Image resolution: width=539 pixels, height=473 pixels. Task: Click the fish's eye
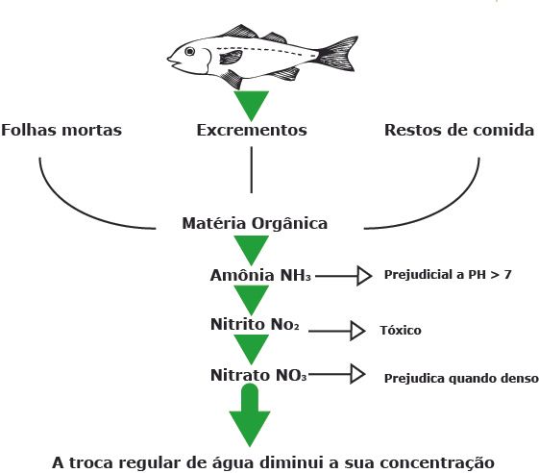(189, 52)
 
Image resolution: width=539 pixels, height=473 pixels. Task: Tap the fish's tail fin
(338, 54)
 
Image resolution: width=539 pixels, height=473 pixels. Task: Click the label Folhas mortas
(61, 130)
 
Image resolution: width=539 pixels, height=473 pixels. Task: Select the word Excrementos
(252, 130)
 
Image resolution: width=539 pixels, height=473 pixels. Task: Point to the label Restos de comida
(459, 130)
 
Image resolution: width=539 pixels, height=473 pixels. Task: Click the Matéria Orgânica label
(255, 223)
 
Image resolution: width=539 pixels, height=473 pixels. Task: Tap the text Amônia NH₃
(260, 275)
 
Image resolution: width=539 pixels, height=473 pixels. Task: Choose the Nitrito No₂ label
(255, 324)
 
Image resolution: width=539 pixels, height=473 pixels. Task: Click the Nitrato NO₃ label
(258, 375)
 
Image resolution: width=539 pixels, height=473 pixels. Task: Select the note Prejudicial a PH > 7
(448, 275)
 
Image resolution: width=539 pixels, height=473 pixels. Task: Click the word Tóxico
(401, 331)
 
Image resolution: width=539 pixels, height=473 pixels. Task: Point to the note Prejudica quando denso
(461, 379)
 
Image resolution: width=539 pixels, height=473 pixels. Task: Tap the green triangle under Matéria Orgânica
(252, 248)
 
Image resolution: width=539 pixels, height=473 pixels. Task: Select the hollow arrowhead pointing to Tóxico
(357, 331)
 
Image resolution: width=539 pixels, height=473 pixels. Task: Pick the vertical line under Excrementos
(252, 170)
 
